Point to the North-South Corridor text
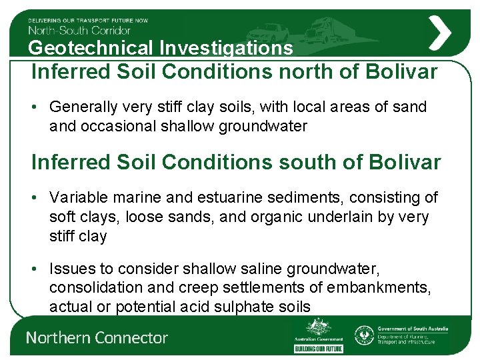coord(79,29)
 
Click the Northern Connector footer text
coord(97,338)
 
